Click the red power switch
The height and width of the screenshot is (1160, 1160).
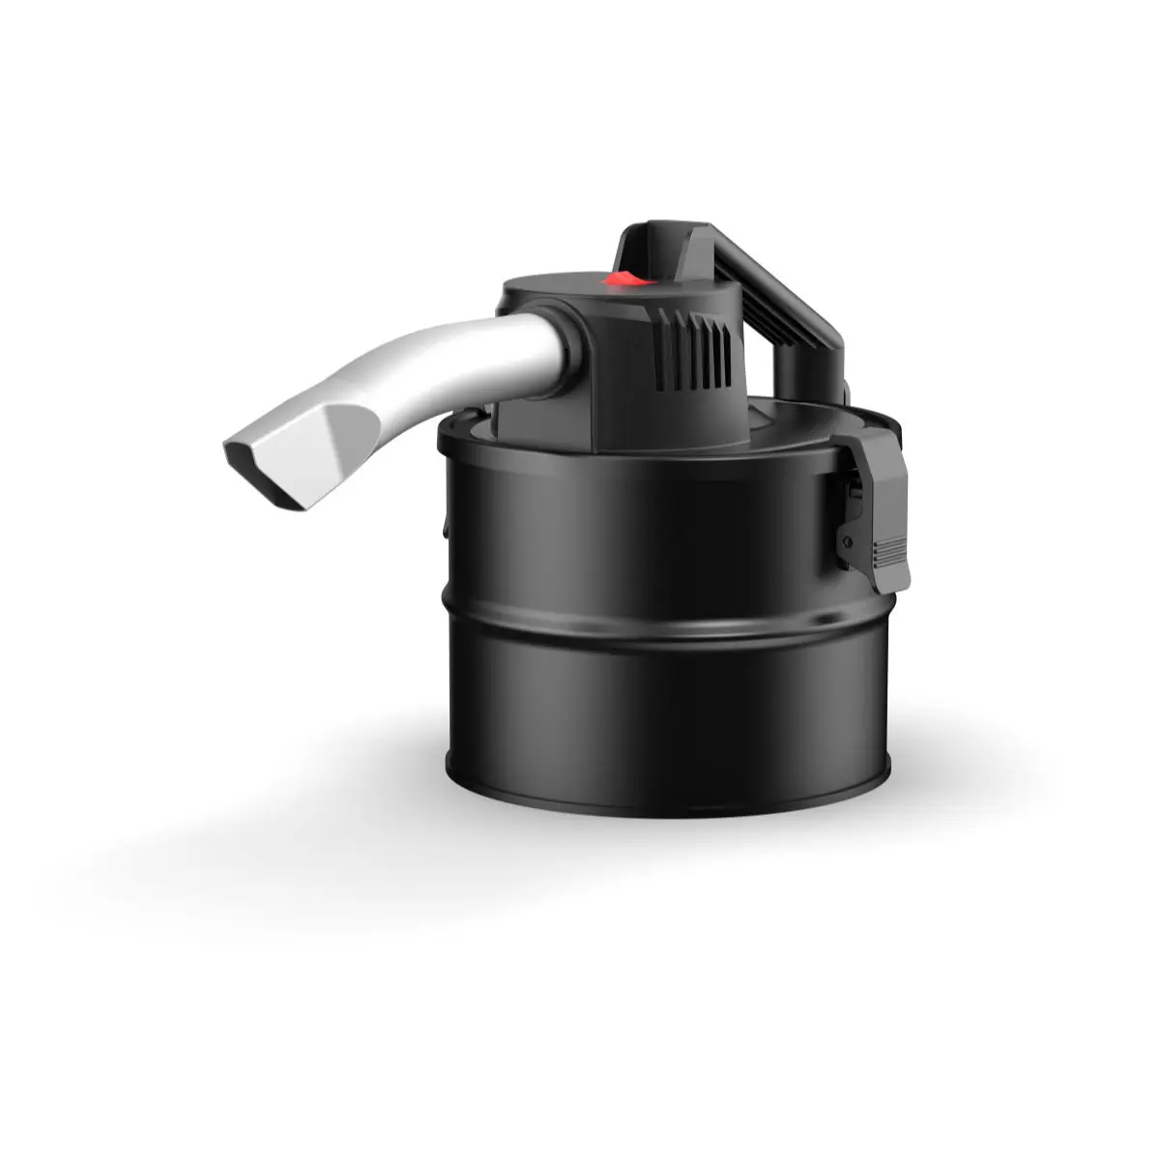[623, 278]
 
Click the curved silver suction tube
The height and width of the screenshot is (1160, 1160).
[454, 358]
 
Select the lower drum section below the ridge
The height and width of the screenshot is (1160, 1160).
[667, 715]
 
